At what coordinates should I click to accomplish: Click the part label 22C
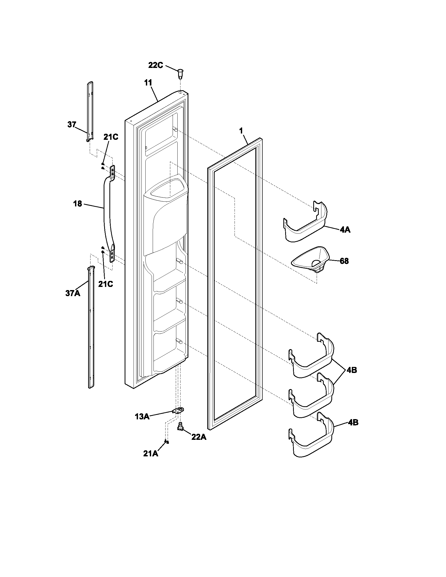[x=156, y=65]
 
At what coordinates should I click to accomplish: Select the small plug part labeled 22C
[x=180, y=73]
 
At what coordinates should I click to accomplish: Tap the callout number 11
[x=148, y=83]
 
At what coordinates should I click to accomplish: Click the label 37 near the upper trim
[x=72, y=124]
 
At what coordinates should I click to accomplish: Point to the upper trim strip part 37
[x=90, y=111]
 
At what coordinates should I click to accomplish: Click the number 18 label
[x=77, y=204]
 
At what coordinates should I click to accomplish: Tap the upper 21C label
[x=110, y=137]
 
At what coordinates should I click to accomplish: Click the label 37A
[x=73, y=293]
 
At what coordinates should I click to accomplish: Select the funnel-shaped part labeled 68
[x=310, y=260]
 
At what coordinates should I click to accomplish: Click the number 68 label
[x=344, y=261]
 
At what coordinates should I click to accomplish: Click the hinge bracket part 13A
[x=178, y=410]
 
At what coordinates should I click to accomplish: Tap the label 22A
[x=199, y=437]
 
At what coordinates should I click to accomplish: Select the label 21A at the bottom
[x=151, y=454]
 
